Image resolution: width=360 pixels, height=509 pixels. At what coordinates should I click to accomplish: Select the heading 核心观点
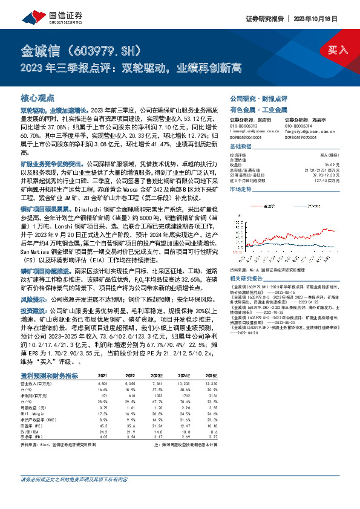(38, 97)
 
